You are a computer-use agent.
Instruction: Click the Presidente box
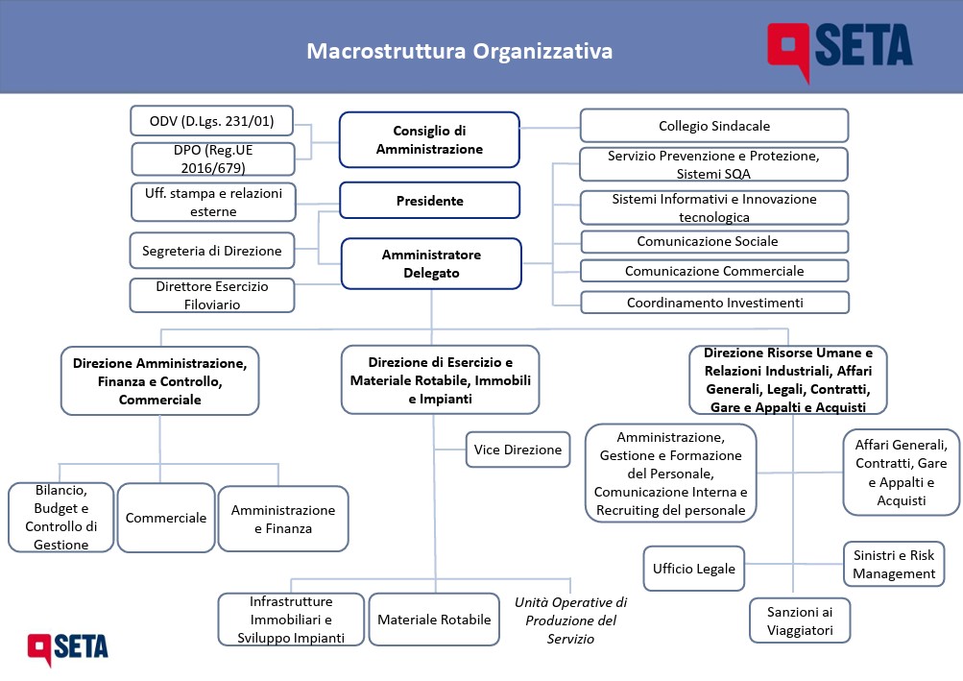tap(430, 201)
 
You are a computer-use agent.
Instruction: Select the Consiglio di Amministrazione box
tap(429, 139)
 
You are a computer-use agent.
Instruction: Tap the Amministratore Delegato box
tap(431, 264)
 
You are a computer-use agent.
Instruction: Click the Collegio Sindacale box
tap(714, 126)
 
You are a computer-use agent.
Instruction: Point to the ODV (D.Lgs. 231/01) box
tap(212, 120)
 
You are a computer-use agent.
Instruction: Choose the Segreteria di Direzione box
tap(212, 251)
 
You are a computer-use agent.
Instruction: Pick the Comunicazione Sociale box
tap(715, 241)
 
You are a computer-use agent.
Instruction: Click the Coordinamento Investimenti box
tap(715, 303)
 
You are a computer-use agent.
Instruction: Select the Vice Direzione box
tap(518, 450)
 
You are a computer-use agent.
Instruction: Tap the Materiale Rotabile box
tap(434, 620)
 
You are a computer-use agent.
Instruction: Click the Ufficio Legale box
tap(694, 569)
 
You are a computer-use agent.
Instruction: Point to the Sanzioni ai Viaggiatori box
tap(800, 620)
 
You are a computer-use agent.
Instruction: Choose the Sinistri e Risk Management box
tap(894, 564)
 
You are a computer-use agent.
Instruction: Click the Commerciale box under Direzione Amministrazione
tap(166, 518)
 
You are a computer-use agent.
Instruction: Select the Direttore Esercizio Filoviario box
tap(212, 296)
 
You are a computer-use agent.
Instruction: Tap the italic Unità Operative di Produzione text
tap(570, 620)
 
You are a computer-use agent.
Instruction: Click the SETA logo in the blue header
tap(839, 50)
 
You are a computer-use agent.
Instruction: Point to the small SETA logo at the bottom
tap(67, 648)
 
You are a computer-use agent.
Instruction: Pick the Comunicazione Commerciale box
tap(715, 271)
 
